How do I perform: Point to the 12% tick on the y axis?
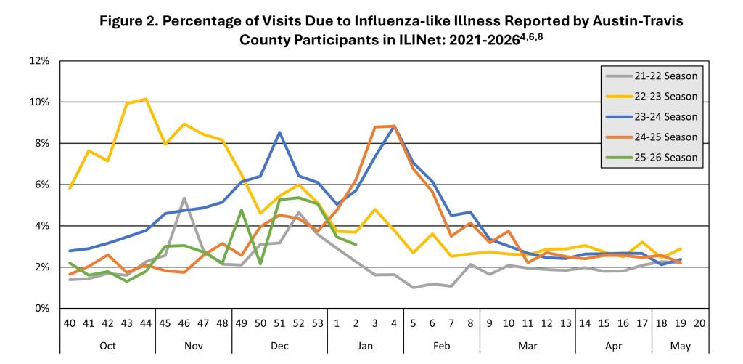click(38, 60)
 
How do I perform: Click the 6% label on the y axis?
click(40, 185)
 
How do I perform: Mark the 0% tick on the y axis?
click(40, 309)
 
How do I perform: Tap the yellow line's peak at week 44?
click(146, 99)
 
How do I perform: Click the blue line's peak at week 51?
click(279, 132)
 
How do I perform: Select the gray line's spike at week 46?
click(184, 198)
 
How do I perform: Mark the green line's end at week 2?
click(356, 245)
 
